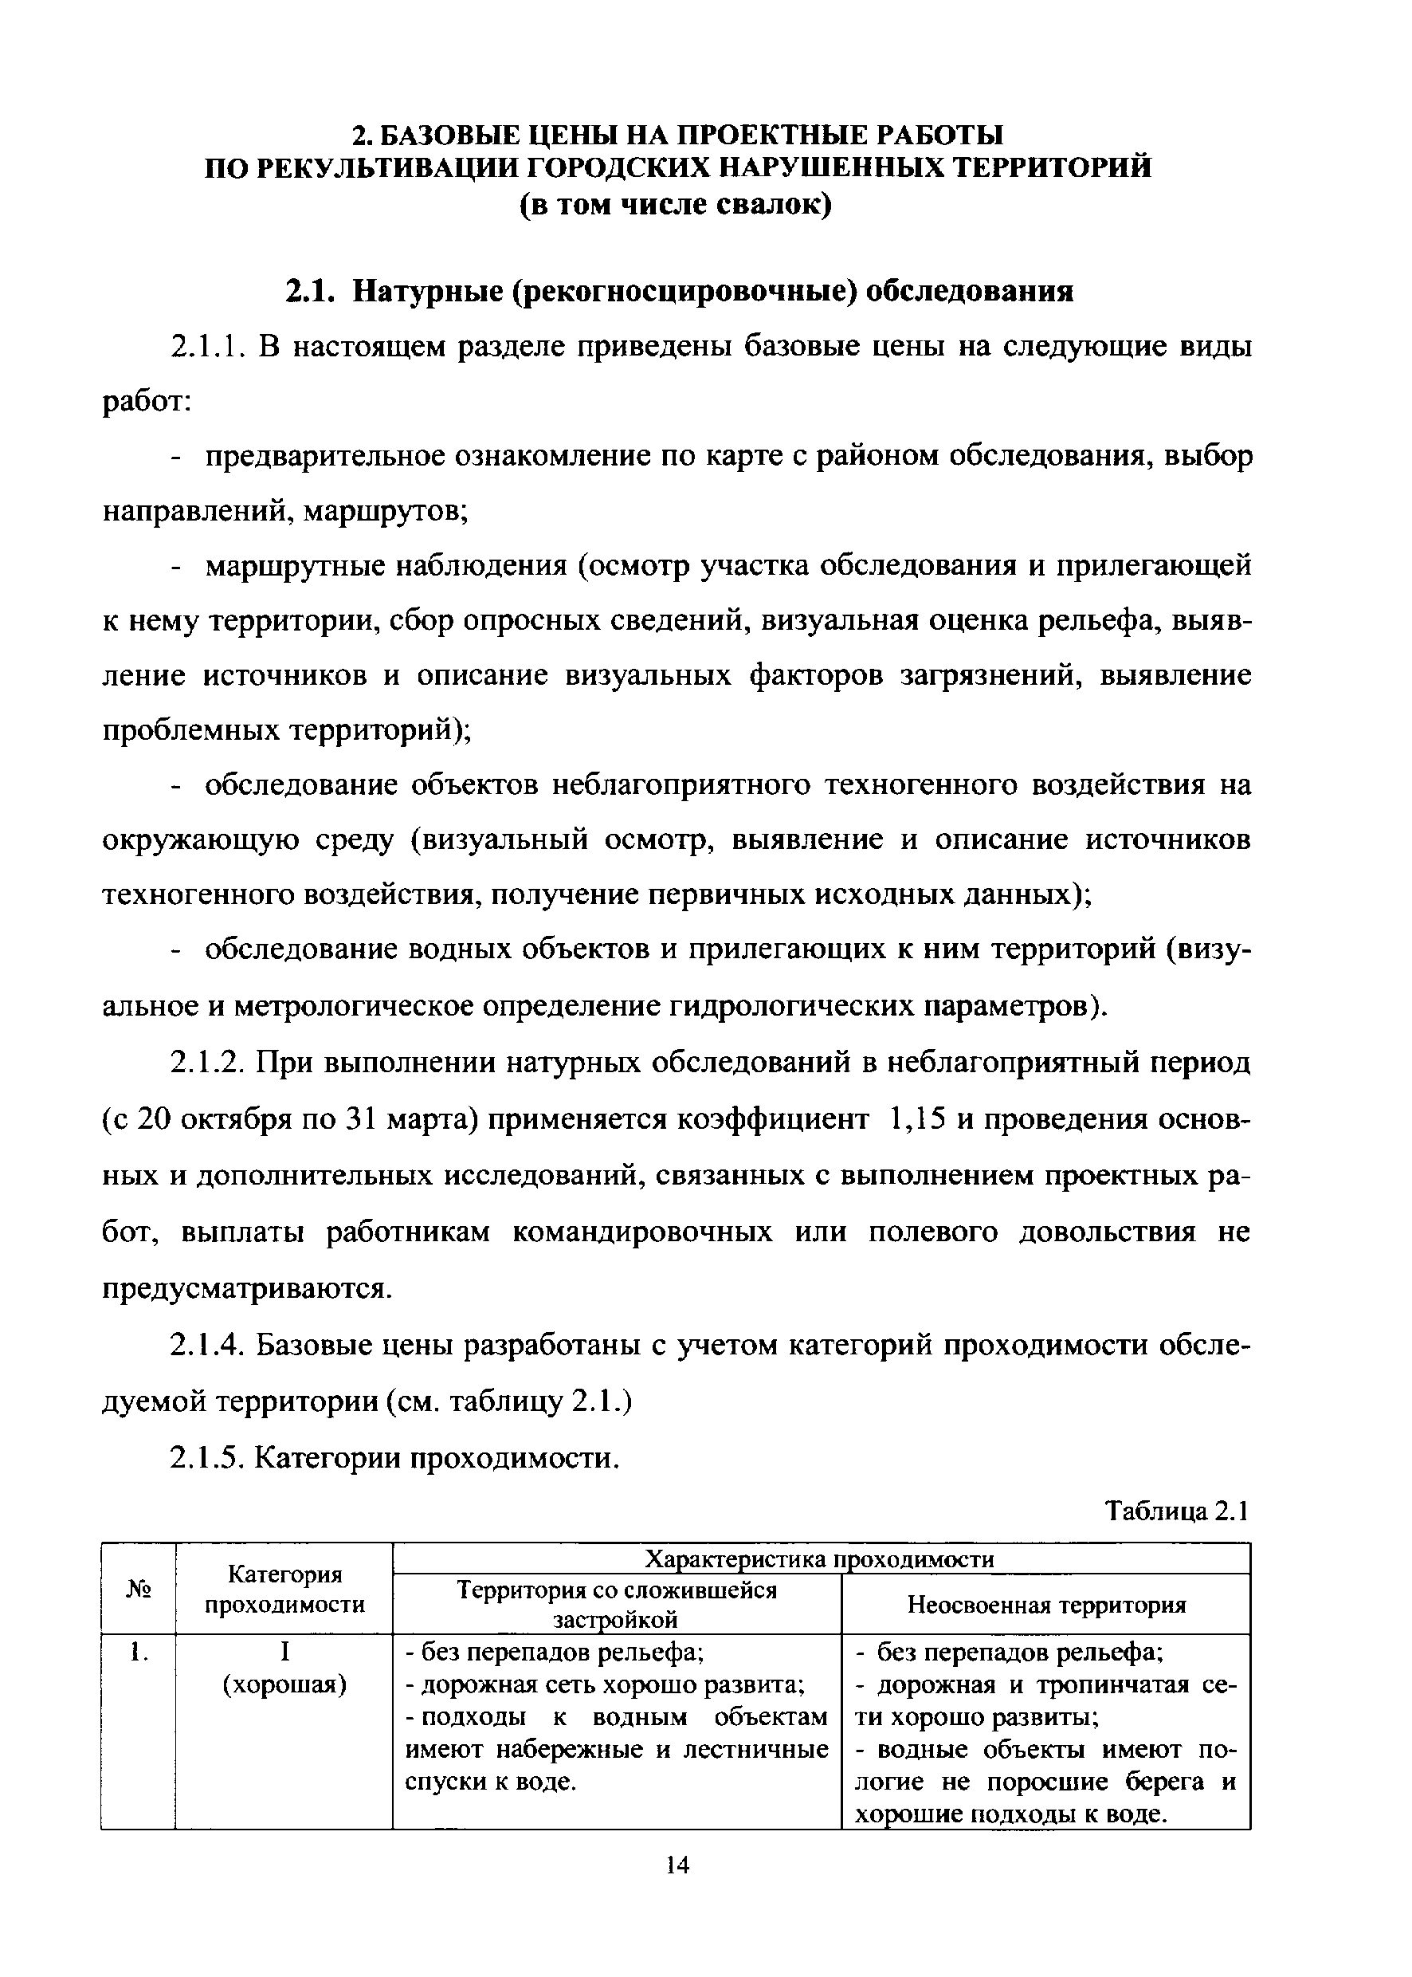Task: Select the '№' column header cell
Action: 138,1588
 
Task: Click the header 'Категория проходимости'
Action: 284,1589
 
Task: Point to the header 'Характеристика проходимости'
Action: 822,1558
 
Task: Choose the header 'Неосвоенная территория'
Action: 1047,1604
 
